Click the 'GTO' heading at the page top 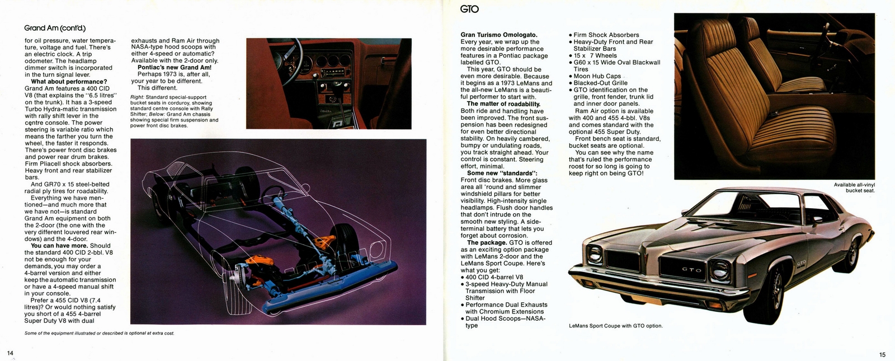click(469, 9)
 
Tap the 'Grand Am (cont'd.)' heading click(55, 28)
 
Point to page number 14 click(10, 352)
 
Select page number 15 click(882, 354)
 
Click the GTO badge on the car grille click(687, 270)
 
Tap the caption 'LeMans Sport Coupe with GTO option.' click(615, 326)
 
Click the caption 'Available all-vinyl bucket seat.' click(854, 187)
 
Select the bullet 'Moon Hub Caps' click(597, 76)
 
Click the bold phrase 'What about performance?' click(69, 82)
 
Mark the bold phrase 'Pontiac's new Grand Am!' click(174, 67)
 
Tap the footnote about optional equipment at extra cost click(100, 333)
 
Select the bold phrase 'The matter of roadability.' click(503, 104)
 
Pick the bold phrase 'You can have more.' click(59, 246)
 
